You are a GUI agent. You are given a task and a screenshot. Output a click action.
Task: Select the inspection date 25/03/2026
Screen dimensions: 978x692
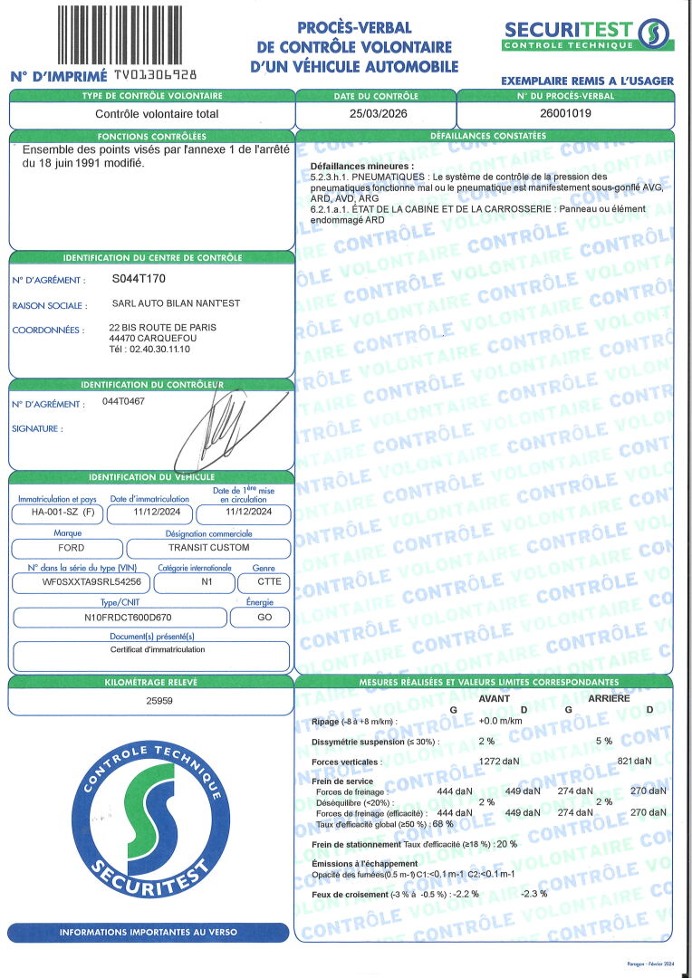tap(376, 114)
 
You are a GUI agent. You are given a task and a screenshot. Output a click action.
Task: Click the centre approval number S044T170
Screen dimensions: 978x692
tap(139, 279)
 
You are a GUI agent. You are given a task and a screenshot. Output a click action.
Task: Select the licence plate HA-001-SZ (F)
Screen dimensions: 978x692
tap(57, 513)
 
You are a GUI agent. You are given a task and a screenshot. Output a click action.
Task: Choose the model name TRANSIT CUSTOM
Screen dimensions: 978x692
tap(209, 548)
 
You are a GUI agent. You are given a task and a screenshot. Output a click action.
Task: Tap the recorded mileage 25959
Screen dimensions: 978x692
tap(150, 701)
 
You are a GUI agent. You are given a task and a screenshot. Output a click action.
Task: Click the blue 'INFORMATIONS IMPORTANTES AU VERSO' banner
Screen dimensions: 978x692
tap(149, 932)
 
